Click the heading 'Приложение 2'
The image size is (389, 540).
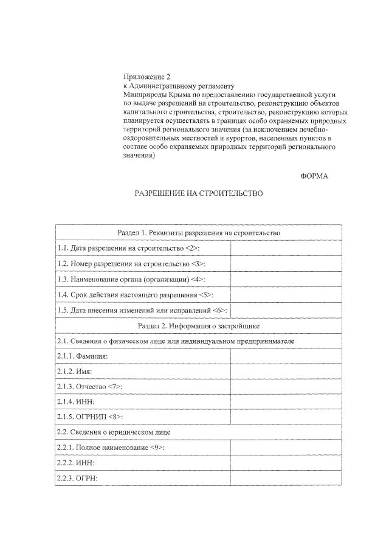[146, 77]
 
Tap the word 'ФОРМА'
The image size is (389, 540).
[314, 176]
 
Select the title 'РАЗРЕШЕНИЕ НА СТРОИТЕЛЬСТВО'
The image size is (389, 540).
[198, 193]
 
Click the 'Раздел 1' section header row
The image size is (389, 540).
[198, 233]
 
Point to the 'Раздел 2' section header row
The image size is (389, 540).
[198, 326]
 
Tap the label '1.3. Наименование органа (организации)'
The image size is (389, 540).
[131, 279]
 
